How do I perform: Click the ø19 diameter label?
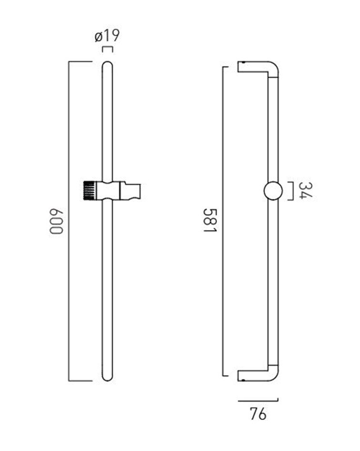coord(107,36)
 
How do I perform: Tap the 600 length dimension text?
coord(56,221)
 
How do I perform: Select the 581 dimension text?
coord(210,220)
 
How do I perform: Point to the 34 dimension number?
coord(305,190)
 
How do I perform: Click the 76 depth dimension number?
coord(258,414)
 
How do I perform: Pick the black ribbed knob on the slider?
coord(89,190)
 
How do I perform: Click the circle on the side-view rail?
coord(273,190)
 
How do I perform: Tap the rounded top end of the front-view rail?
coord(107,64)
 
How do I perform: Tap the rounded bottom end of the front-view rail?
coord(107,378)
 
